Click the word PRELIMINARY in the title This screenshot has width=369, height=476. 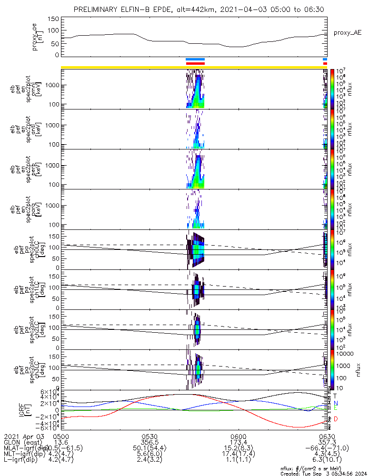pos(97,10)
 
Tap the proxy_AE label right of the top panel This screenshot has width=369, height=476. pos(348,33)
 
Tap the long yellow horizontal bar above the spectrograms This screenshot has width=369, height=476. pos(119,67)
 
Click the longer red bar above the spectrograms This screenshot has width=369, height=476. pos(195,63)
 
